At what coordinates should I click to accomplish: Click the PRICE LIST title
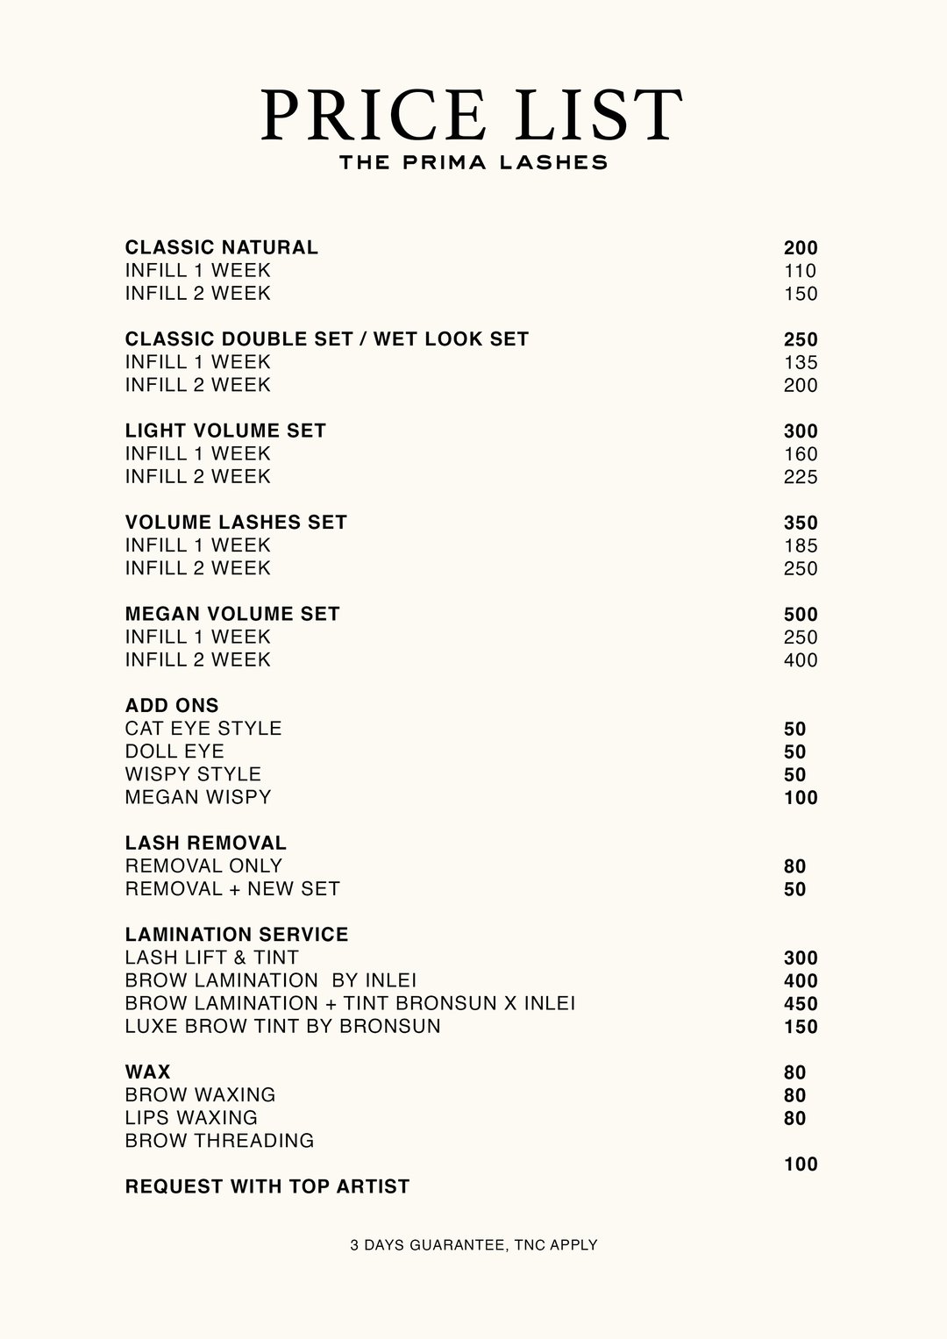472,114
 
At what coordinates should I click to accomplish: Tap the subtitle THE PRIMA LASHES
473,162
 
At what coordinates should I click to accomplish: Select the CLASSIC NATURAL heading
222,247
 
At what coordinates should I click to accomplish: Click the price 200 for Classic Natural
801,248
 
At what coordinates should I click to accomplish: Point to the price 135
801,363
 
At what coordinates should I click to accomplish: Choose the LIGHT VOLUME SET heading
225,431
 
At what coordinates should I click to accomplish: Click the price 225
801,477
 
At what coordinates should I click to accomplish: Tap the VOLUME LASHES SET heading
236,523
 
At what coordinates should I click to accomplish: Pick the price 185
801,545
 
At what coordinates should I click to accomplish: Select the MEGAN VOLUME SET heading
232,614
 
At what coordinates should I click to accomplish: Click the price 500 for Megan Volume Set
801,615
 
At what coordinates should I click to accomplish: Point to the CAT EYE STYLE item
203,729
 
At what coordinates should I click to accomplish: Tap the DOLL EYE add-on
174,751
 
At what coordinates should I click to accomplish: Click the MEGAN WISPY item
198,797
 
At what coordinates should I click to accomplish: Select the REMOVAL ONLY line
203,866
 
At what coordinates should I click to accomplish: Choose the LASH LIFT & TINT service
211,958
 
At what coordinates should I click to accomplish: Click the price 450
801,1004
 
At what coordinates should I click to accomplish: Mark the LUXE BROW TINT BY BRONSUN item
282,1026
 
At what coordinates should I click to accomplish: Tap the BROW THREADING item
219,1141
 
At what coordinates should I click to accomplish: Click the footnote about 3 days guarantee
473,1244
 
